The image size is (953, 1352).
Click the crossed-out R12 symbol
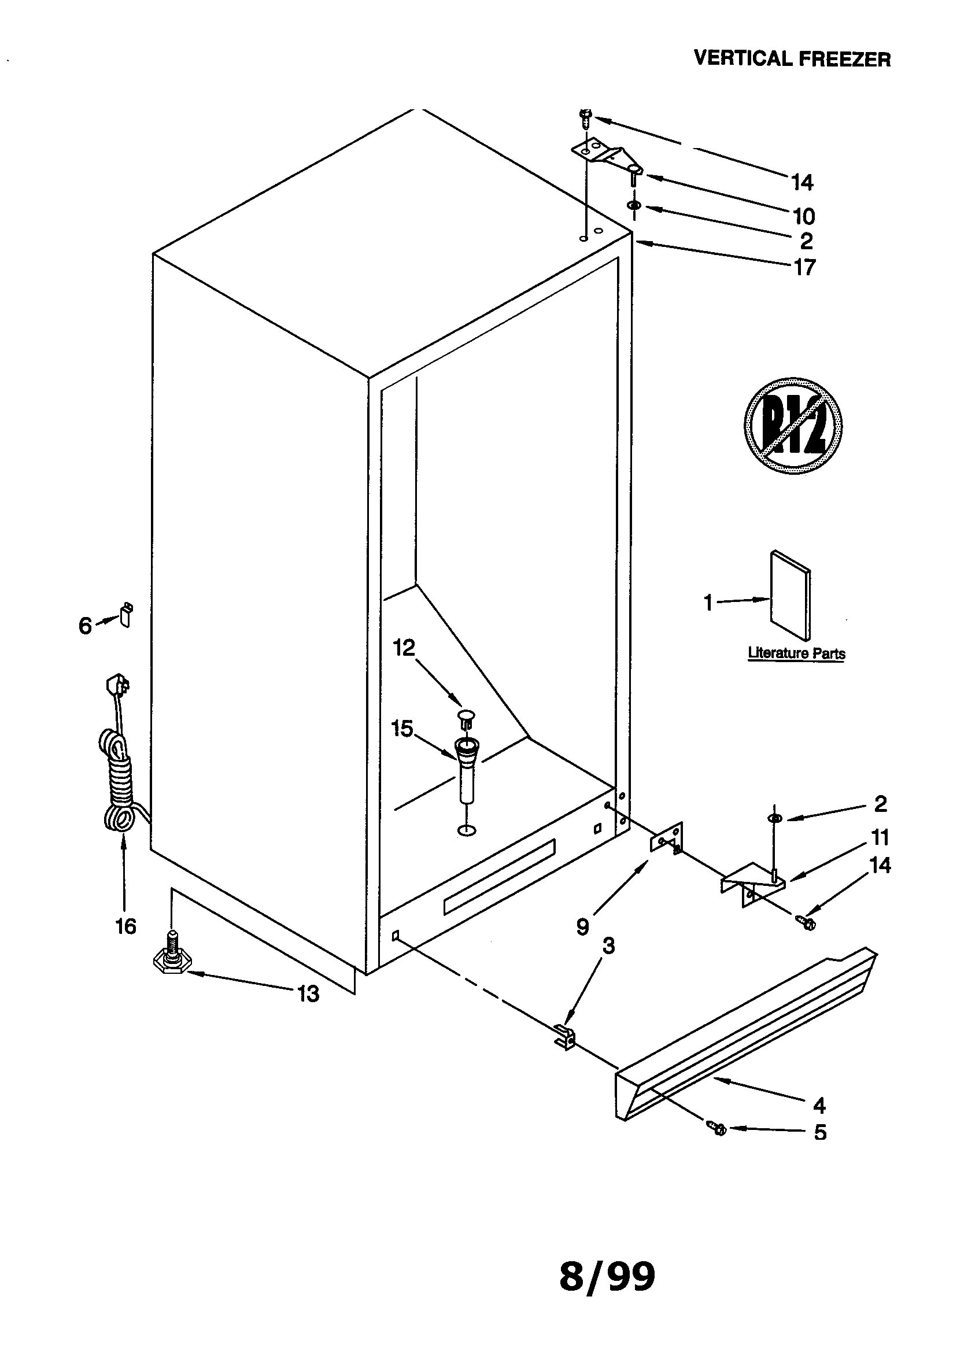pos(793,426)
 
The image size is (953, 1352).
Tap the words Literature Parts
pos(796,653)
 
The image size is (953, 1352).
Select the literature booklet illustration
pos(790,596)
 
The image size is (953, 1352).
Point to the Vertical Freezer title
pos(792,59)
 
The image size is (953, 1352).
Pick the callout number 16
pos(125,926)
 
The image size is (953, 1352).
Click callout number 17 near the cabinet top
pos(804,267)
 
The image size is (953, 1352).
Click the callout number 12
pos(404,648)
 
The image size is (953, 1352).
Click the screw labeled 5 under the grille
pos(718,1128)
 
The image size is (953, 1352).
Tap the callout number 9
pos(582,927)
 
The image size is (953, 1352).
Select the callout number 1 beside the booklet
pos(708,603)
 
